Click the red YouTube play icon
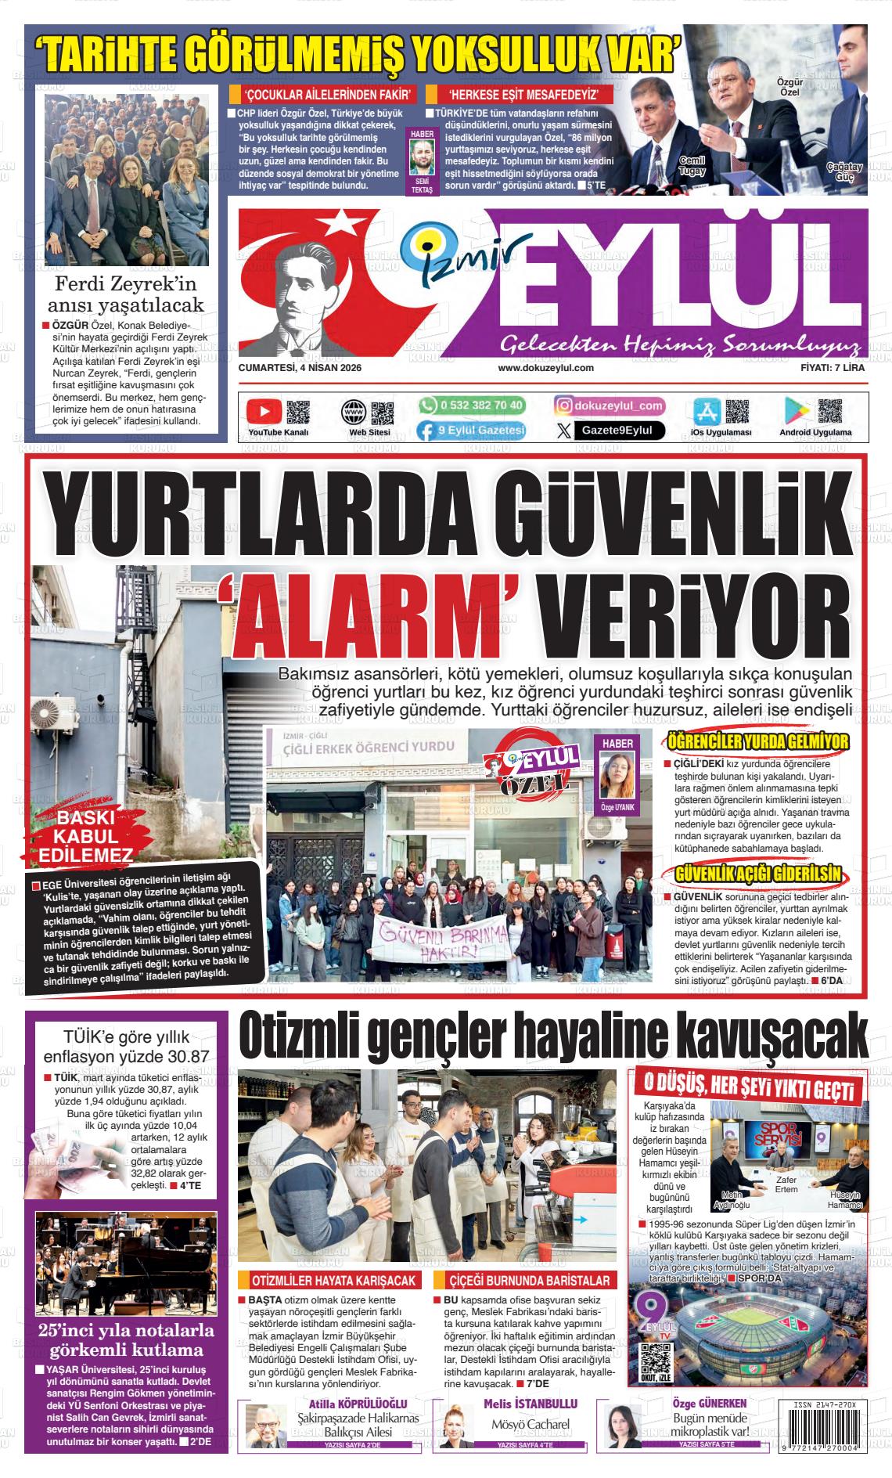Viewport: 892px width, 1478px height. (264, 411)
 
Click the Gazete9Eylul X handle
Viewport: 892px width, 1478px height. (617, 430)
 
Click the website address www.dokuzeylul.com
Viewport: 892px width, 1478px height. (545, 368)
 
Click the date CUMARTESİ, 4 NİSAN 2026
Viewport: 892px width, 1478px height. (300, 368)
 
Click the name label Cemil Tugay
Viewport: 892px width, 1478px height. (692, 166)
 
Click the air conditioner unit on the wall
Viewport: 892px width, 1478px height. (53, 716)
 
